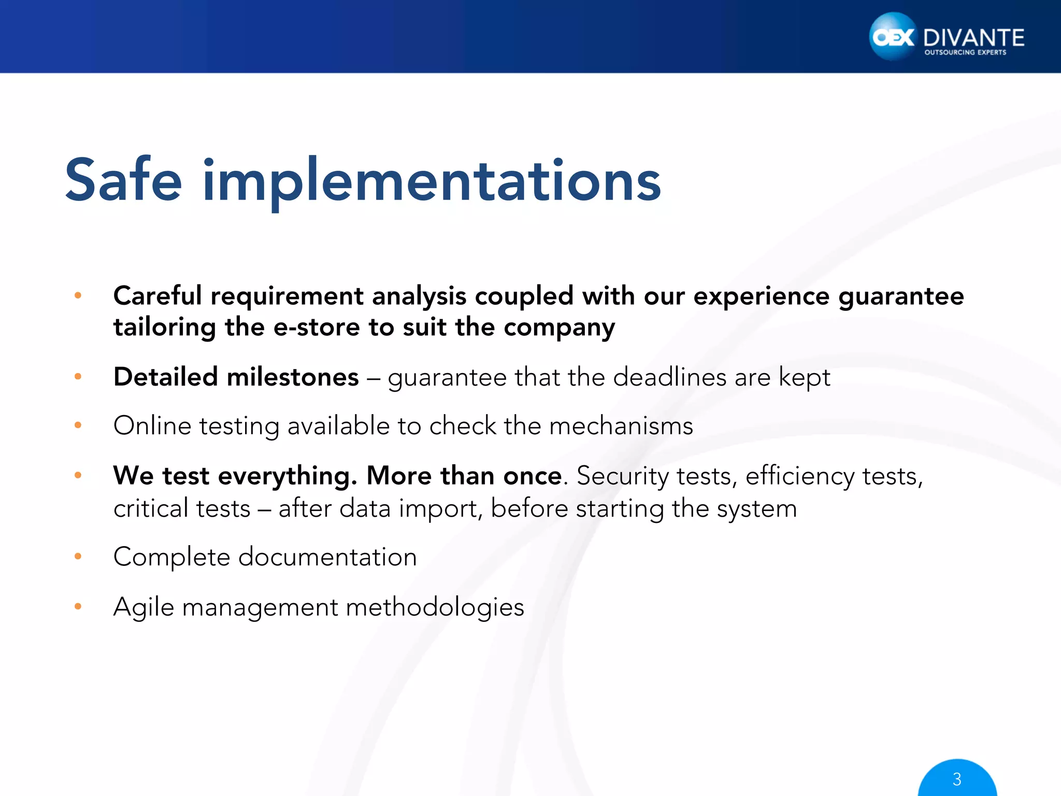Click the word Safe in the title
click(123, 180)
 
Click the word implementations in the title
click(432, 181)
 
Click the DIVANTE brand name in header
click(973, 38)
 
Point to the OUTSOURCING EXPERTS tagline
click(965, 52)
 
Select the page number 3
click(957, 779)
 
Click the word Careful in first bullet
click(157, 296)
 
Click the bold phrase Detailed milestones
click(236, 377)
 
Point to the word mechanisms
click(621, 426)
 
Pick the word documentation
click(327, 557)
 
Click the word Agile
click(144, 607)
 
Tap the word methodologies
click(435, 607)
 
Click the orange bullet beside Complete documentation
click(78, 557)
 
